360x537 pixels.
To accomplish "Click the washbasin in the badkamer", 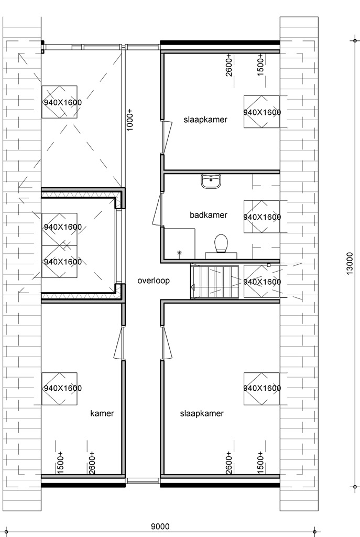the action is pyautogui.click(x=211, y=181).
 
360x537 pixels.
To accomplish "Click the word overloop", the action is pyautogui.click(x=154, y=281).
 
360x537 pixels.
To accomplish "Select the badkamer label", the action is pyautogui.click(x=209, y=215).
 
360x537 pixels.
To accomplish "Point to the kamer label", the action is pyautogui.click(x=102, y=413).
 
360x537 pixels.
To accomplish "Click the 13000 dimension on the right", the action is pyautogui.click(x=350, y=263).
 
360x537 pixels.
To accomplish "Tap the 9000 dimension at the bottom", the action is pyautogui.click(x=160, y=526).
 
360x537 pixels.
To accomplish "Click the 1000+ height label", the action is pyautogui.click(x=130, y=120).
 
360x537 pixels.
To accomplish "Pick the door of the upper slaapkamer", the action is pyautogui.click(x=167, y=137).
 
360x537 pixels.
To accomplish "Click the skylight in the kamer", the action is pyautogui.click(x=60, y=389).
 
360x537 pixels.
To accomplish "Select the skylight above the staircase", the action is pyautogui.click(x=262, y=282).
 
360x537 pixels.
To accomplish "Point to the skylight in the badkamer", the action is pyautogui.click(x=262, y=217).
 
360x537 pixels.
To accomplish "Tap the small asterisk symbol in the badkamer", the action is pyautogui.click(x=179, y=253).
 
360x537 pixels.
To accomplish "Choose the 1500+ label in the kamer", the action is pyautogui.click(x=60, y=463).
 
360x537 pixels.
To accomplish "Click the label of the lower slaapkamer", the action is pyautogui.click(x=202, y=413).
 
